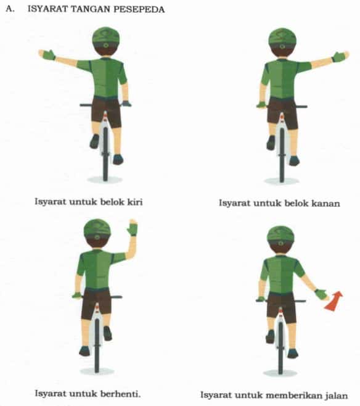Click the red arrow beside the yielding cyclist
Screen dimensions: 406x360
coord(333,301)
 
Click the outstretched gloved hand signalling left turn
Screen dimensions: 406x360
coord(47,54)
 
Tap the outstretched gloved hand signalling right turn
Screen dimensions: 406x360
coord(338,57)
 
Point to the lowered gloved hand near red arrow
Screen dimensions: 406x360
coord(320,294)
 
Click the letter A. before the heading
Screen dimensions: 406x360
coord(8,10)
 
